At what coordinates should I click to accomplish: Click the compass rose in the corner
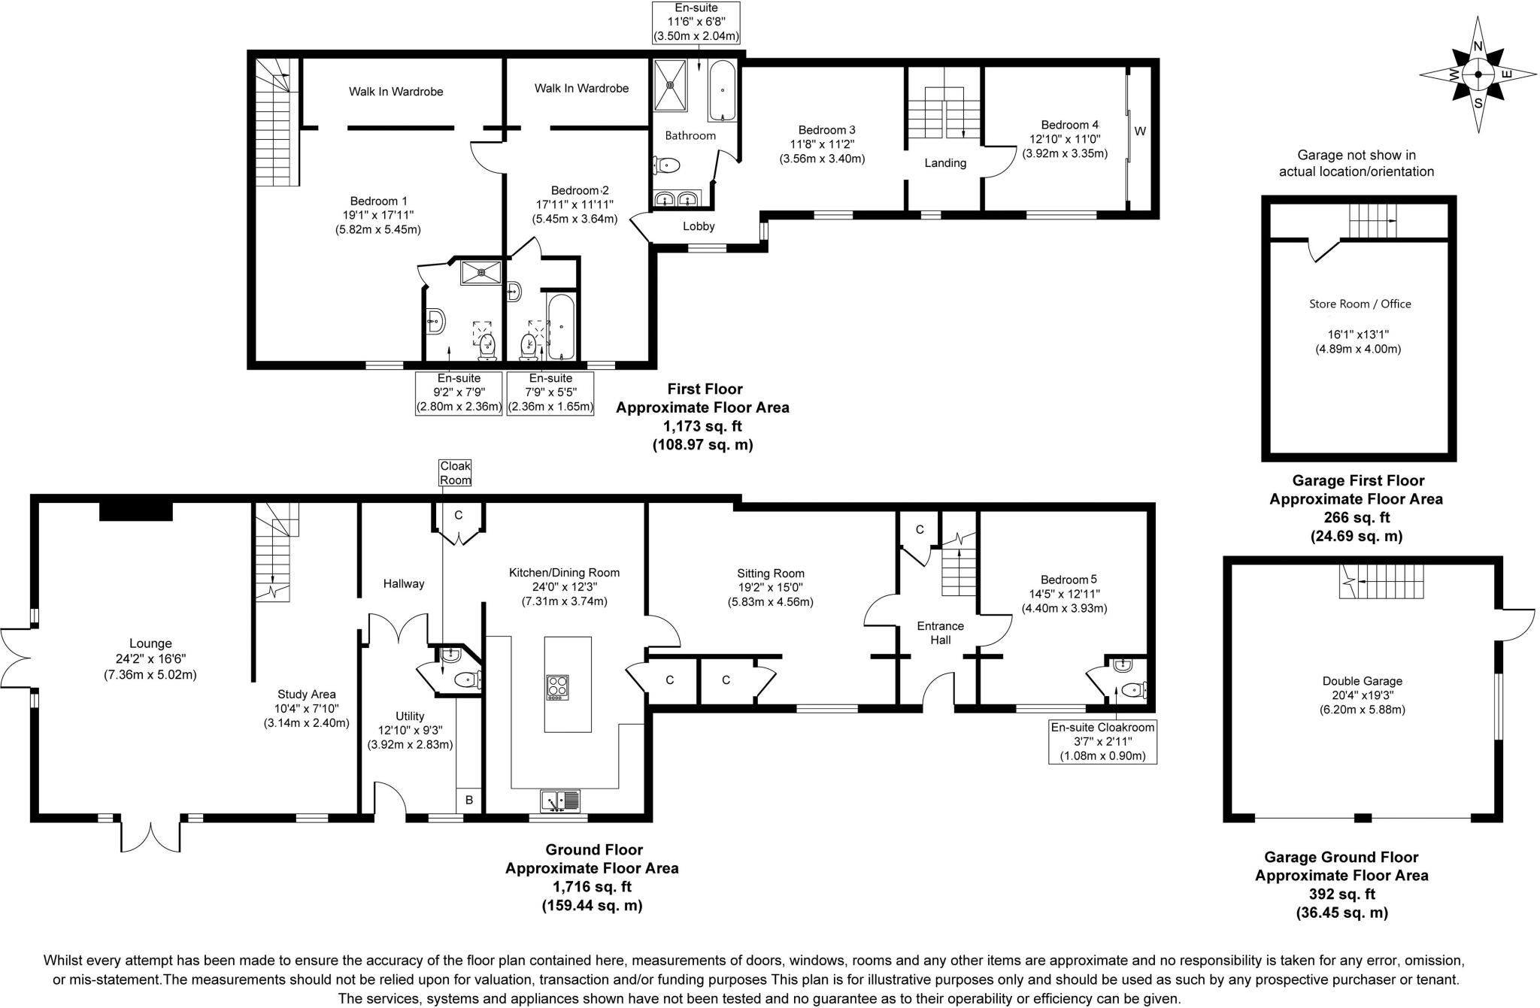[1478, 74]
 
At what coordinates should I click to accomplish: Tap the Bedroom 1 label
[378, 201]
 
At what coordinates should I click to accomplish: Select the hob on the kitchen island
[557, 688]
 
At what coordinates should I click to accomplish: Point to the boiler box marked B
[469, 801]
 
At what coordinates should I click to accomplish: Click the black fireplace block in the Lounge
[136, 511]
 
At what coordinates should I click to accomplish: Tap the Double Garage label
[1362, 681]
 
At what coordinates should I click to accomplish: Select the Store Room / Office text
[1360, 304]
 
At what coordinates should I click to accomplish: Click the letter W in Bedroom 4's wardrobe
[1139, 132]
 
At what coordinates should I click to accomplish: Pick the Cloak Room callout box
[455, 473]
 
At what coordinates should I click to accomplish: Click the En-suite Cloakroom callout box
[1102, 741]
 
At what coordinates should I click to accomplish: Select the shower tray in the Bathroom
[670, 85]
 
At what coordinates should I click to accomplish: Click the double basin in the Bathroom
[676, 199]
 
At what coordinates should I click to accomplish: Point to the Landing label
[945, 163]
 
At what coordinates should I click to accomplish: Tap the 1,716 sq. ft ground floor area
[592, 886]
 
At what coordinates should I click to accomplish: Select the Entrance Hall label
[940, 632]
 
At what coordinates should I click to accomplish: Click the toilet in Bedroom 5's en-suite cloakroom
[1132, 689]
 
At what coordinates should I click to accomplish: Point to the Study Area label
[306, 694]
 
